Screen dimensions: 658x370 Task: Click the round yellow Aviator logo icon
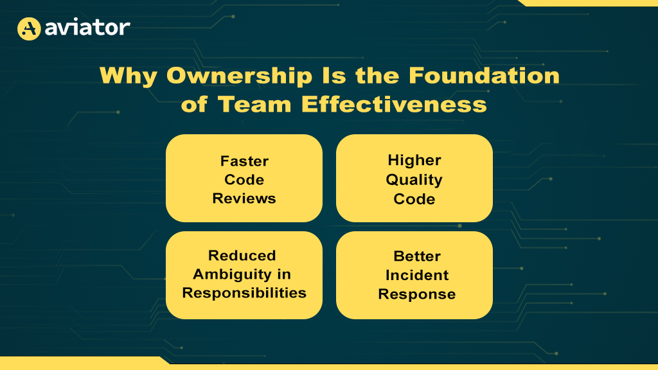(x=29, y=28)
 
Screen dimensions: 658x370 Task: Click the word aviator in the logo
(x=87, y=28)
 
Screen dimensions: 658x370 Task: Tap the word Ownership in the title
(x=239, y=76)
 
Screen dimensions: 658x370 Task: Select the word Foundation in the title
(x=484, y=76)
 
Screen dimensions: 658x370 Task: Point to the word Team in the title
(x=254, y=104)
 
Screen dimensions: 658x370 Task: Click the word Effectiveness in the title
(x=394, y=104)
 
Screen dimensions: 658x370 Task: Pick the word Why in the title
(x=129, y=76)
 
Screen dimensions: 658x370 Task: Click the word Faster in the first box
(x=244, y=161)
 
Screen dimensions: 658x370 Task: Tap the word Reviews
(x=244, y=198)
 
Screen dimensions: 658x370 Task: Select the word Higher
(x=414, y=161)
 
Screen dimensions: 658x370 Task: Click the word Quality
(x=414, y=180)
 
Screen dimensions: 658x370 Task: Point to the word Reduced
(x=242, y=256)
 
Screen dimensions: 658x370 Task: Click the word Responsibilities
(x=244, y=293)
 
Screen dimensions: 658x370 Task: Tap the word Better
(x=417, y=256)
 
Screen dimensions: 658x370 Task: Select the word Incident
(x=417, y=275)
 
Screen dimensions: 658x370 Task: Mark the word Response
(x=416, y=294)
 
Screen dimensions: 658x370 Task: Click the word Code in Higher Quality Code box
(x=414, y=199)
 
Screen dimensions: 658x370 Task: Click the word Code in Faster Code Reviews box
(x=244, y=180)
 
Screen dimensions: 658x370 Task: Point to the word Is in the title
(x=334, y=76)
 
